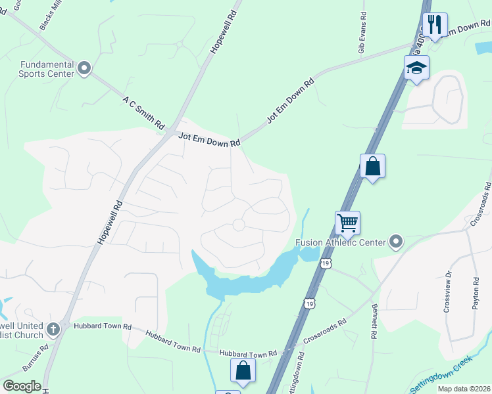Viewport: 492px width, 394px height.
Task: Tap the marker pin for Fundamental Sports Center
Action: coord(84,68)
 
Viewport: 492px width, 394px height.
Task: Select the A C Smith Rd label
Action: coord(143,112)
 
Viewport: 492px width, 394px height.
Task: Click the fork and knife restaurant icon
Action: coord(435,26)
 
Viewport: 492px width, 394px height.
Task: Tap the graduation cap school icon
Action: coord(416,68)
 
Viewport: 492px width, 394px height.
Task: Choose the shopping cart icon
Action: coord(347,223)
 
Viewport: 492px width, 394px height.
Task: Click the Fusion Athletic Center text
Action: coord(340,242)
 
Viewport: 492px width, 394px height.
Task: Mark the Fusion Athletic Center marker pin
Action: coord(395,242)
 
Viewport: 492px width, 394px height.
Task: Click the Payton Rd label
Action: coord(475,292)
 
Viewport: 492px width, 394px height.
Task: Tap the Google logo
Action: coord(22,386)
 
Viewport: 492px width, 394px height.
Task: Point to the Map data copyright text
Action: coord(463,389)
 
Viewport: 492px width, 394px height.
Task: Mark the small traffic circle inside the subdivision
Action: coord(238,225)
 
